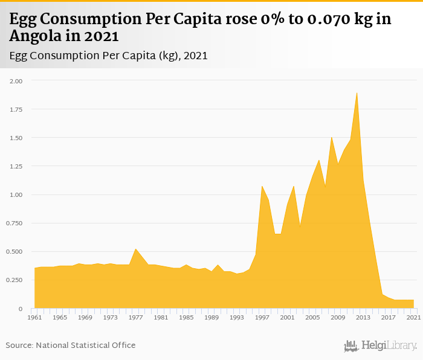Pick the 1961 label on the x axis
point(34,317)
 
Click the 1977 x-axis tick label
point(135,317)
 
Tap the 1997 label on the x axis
point(262,317)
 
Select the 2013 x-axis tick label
point(363,317)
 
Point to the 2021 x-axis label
point(414,317)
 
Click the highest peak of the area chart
point(357,92)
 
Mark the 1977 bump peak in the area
point(135,249)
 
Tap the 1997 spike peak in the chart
point(262,186)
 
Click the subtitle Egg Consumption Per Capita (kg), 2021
point(109,56)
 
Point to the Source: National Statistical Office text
point(71,345)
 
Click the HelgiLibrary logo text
point(389,346)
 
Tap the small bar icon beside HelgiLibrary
point(351,346)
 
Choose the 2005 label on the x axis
point(312,317)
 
